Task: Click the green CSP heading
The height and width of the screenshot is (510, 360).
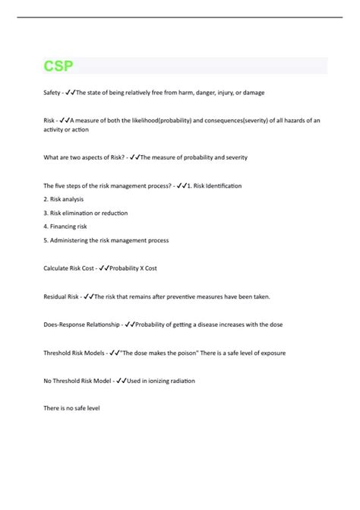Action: [58, 66]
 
